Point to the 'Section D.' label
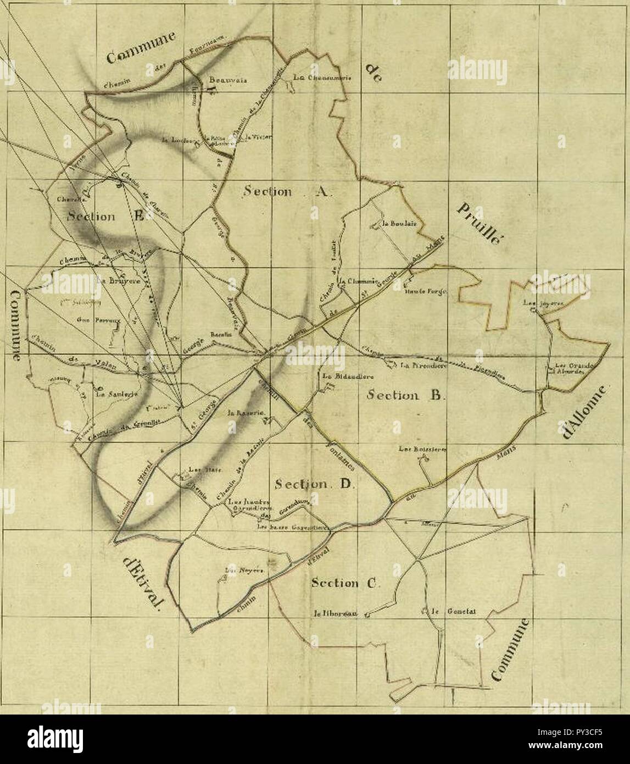pyautogui.click(x=316, y=484)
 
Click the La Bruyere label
pyautogui.click(x=118, y=279)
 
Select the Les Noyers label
pyautogui.click(x=246, y=571)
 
